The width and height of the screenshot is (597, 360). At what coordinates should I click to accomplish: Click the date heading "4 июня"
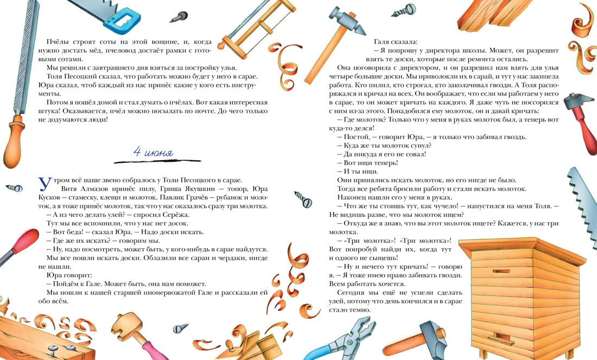pos(154,153)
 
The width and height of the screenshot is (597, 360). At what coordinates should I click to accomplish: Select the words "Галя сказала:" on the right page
pos(396,41)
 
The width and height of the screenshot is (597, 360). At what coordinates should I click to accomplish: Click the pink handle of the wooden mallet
pos(147,345)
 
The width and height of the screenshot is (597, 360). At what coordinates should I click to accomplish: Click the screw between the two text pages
pos(301,199)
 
